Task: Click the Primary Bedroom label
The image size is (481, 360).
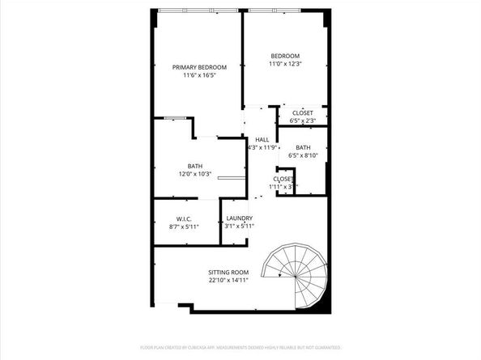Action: coord(199,67)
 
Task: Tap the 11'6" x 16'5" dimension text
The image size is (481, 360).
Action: coord(199,75)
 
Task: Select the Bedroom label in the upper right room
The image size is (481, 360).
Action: coord(284,56)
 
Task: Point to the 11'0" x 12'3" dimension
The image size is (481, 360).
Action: coord(284,64)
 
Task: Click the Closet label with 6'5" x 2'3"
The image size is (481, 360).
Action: coord(303,112)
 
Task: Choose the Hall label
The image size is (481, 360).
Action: coord(262,139)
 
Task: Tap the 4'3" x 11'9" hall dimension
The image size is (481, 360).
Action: coord(262,147)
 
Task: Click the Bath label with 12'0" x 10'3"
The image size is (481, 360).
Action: coord(194,166)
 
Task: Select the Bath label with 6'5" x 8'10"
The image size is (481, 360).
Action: coord(303,147)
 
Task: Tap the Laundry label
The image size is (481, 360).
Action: coord(240,218)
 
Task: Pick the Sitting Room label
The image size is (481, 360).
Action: coord(228,272)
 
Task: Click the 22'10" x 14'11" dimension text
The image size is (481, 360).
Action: coord(228,280)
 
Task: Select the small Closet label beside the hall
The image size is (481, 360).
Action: coord(283,179)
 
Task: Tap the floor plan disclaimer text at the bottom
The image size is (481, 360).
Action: coord(240,346)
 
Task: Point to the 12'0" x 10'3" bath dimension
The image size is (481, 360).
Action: coord(194,174)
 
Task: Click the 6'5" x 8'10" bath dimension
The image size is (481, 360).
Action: coord(303,155)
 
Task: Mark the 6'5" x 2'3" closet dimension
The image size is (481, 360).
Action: coord(303,121)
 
